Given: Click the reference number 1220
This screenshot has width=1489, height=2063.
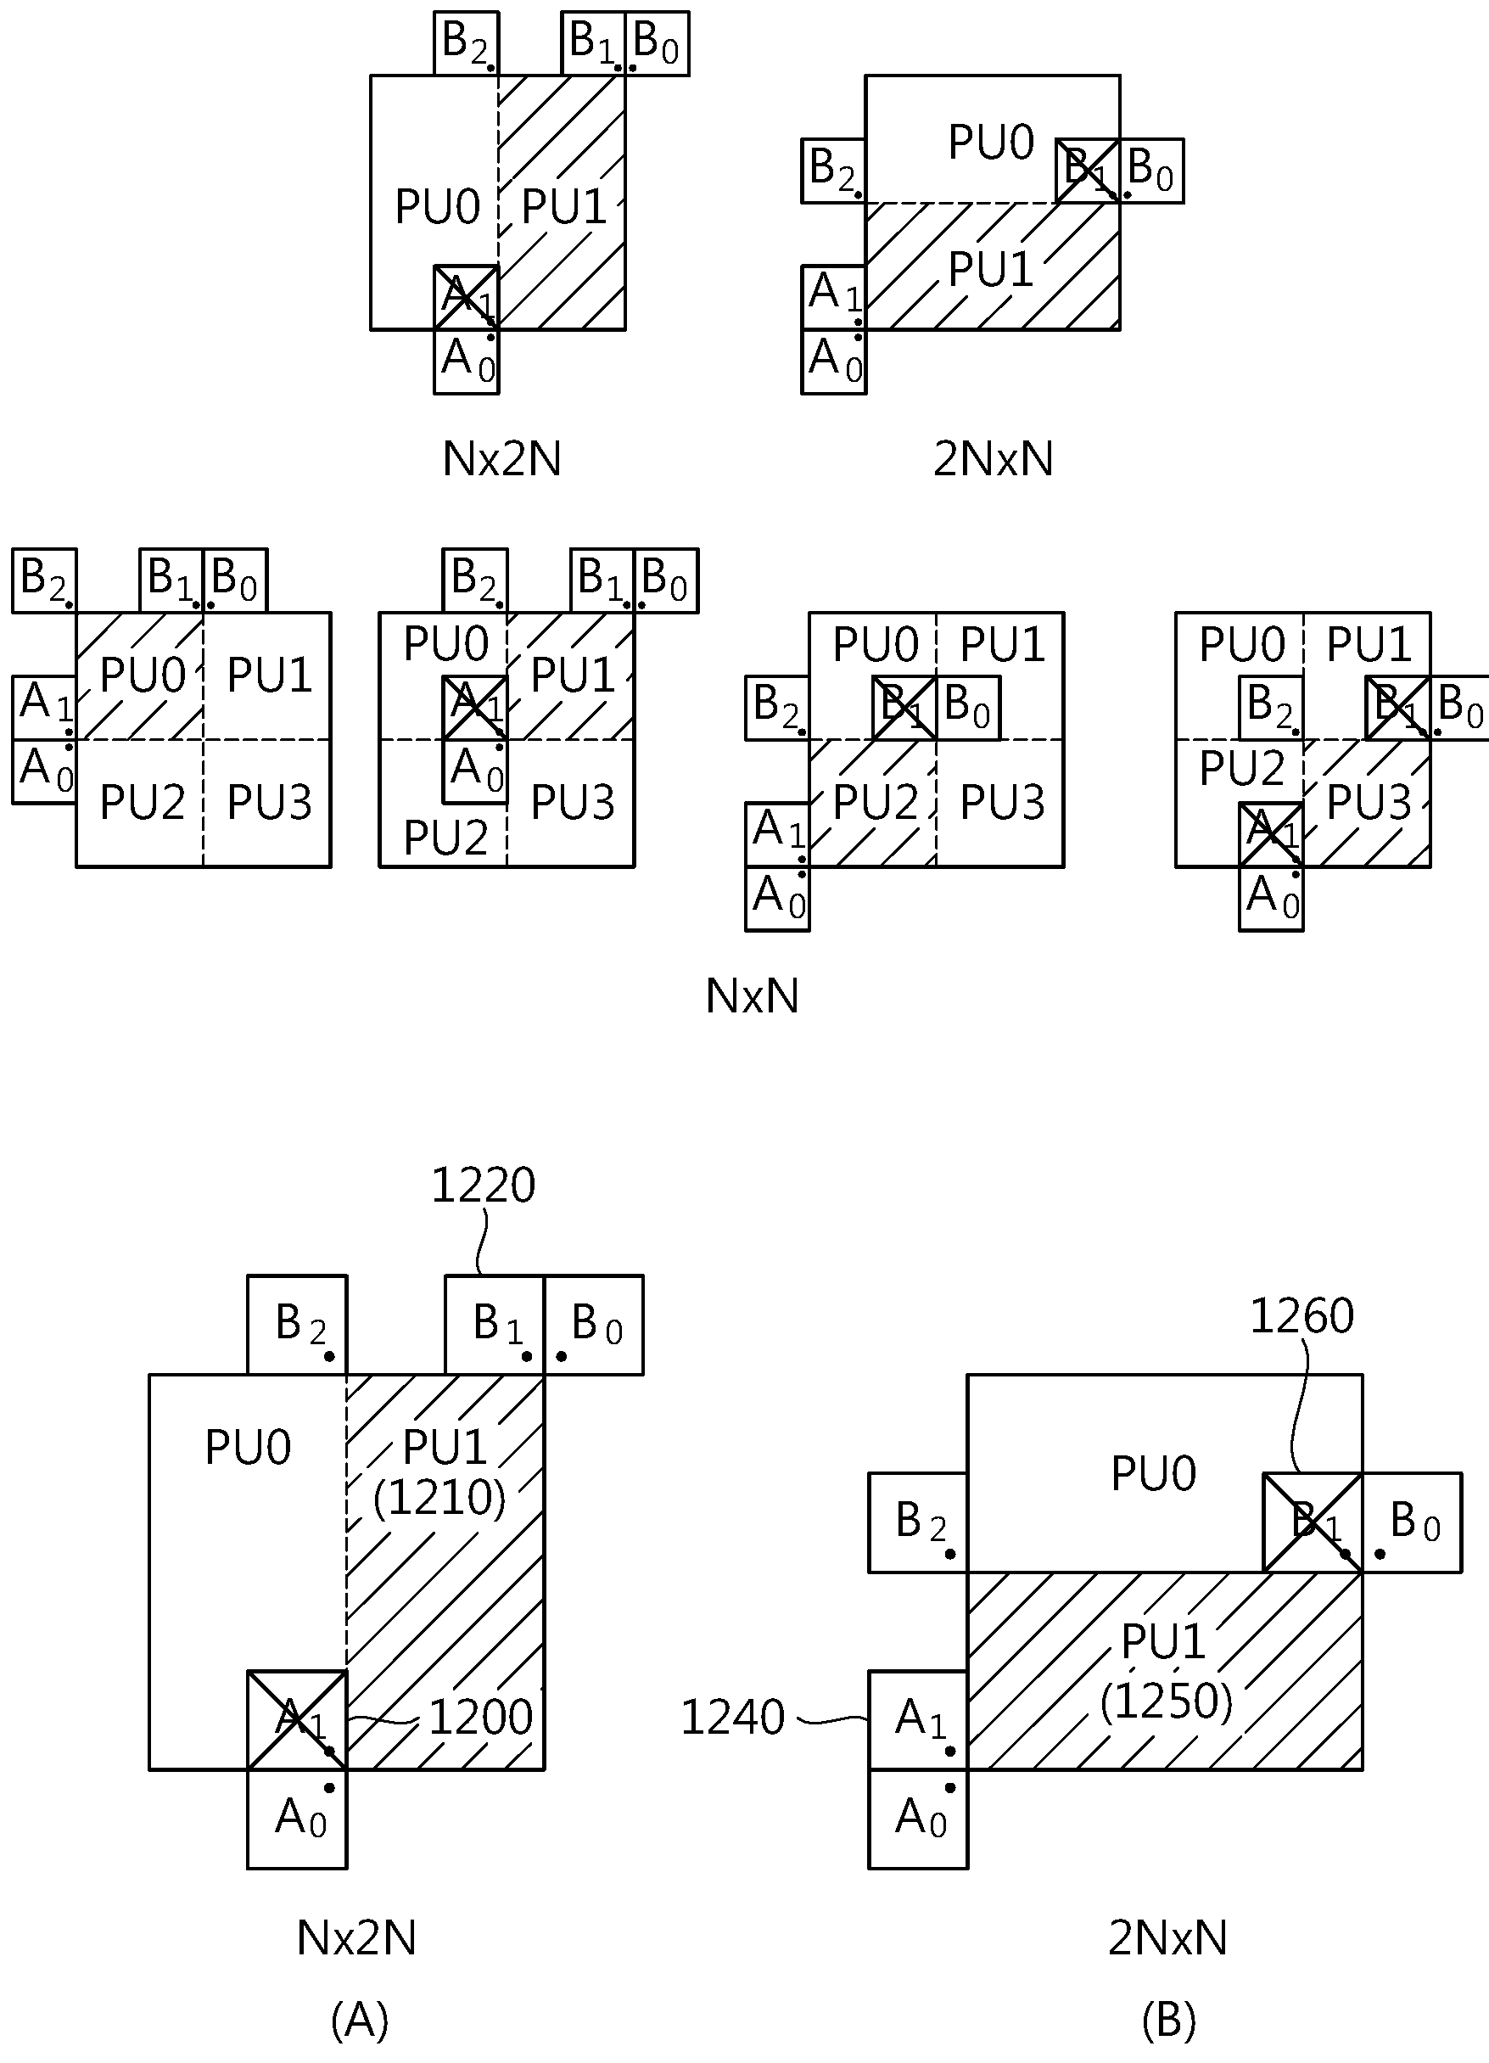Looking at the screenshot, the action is click(483, 1186).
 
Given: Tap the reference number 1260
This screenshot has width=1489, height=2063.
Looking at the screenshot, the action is click(1301, 1316).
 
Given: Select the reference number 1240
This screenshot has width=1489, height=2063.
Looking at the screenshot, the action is click(732, 1718).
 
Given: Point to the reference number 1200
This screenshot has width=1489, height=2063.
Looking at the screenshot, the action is click(480, 1718).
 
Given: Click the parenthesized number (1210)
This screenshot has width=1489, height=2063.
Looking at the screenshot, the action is click(439, 1498).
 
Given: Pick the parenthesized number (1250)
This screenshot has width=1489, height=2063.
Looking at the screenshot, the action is click(1166, 1701).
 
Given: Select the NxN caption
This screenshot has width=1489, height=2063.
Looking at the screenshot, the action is click(753, 996).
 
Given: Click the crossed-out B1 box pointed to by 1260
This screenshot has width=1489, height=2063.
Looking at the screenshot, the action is click(1313, 1522).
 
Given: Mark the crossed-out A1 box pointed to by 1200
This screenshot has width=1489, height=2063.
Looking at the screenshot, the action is click(298, 1720).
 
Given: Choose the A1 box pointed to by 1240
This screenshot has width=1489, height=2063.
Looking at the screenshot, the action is click(918, 1720).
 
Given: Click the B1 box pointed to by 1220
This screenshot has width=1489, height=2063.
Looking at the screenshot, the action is click(495, 1326).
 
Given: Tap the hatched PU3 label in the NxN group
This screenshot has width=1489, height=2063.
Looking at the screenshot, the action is click(1369, 801).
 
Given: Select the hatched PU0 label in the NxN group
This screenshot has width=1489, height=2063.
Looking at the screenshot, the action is click(143, 675).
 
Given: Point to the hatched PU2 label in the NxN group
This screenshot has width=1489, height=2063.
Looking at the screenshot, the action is click(876, 801).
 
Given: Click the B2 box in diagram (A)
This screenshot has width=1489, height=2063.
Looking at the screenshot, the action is click(298, 1326).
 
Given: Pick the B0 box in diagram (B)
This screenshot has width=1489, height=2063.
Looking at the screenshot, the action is click(1412, 1522).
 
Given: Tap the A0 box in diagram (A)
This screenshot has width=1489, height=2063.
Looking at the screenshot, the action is click(298, 1819).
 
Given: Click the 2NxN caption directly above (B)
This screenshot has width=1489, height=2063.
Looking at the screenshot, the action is click(1168, 1938).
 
